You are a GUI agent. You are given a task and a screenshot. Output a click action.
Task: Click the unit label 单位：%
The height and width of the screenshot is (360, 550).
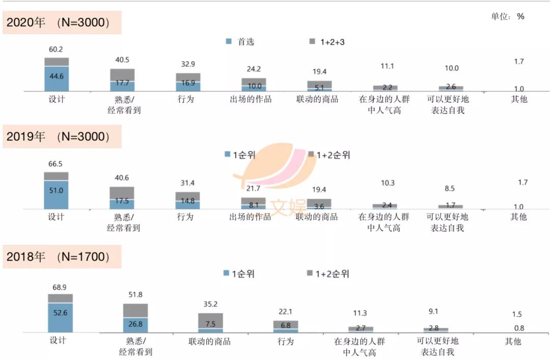click(x=507, y=16)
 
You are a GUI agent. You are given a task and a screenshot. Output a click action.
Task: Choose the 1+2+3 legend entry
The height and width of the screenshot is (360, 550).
click(x=327, y=42)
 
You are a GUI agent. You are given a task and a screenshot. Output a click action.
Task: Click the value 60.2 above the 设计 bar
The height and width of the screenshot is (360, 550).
click(x=56, y=49)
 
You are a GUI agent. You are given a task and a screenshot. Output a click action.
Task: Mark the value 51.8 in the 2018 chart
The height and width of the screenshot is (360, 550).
click(x=135, y=294)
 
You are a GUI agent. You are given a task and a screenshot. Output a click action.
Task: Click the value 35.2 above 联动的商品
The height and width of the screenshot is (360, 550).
click(x=210, y=304)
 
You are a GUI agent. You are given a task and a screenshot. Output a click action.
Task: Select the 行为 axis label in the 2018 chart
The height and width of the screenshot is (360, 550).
click(x=286, y=341)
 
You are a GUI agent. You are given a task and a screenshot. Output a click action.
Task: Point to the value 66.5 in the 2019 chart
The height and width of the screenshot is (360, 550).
click(x=56, y=164)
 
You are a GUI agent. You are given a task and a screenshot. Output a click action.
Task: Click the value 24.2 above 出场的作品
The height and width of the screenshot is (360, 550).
click(x=254, y=69)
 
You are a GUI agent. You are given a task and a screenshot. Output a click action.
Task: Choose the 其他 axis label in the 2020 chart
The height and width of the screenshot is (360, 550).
click(x=519, y=99)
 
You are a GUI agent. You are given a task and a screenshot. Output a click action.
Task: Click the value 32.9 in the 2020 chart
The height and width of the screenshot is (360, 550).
click(x=188, y=64)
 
